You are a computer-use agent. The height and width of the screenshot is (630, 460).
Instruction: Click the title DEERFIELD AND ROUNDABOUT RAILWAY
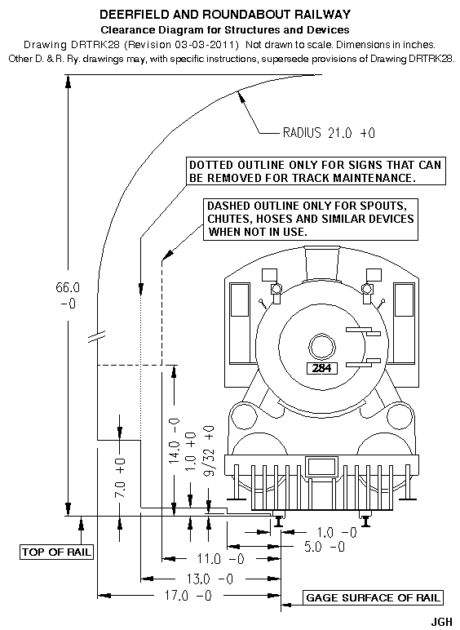coord(225,15)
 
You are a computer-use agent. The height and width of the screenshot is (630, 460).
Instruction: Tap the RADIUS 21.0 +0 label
coord(329,132)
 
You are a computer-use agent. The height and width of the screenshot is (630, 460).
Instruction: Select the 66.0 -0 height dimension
coord(68,295)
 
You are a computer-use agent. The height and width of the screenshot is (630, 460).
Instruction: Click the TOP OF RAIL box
coord(56,552)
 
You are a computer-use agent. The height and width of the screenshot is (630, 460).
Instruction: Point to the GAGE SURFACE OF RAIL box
coord(373,597)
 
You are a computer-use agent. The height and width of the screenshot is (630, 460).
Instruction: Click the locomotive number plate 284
coord(322,367)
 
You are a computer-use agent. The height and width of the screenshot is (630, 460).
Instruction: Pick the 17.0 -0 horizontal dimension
coord(188,595)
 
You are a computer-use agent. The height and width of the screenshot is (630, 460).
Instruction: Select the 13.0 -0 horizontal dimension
coord(210,579)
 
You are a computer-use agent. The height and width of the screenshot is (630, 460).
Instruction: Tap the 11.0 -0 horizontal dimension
coord(221,559)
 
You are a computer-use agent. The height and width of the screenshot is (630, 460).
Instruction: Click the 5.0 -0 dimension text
coord(325,547)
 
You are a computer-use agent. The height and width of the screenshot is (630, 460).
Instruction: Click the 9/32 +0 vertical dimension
coord(209,450)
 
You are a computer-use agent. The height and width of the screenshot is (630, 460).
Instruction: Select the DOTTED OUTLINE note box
coord(316,171)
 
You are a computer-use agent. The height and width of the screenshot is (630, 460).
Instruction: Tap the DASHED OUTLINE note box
coord(311,219)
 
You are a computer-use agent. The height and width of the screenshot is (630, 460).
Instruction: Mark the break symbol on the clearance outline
coord(97,337)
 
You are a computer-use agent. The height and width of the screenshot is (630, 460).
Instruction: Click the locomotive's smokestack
coord(322,262)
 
